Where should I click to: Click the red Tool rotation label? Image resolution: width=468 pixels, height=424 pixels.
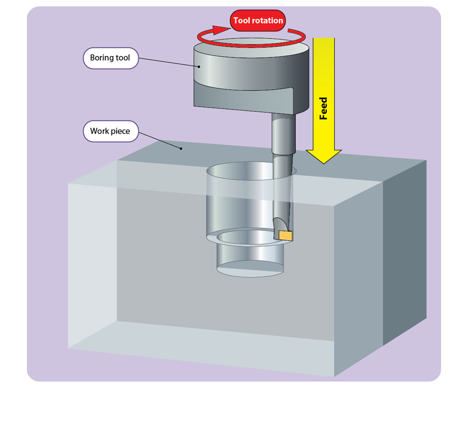pyautogui.click(x=258, y=21)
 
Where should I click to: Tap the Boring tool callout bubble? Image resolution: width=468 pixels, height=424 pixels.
pyautogui.click(x=111, y=58)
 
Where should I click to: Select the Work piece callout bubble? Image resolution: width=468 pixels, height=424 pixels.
pyautogui.click(x=111, y=131)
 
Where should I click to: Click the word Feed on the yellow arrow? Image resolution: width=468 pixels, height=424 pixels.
pyautogui.click(x=323, y=109)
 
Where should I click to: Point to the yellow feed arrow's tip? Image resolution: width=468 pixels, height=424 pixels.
pyautogui.click(x=324, y=164)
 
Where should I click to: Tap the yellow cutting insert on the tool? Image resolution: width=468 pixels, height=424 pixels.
pyautogui.click(x=286, y=236)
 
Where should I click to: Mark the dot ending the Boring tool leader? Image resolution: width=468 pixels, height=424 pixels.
pyautogui.click(x=199, y=67)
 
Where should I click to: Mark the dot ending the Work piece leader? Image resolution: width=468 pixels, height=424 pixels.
pyautogui.click(x=181, y=148)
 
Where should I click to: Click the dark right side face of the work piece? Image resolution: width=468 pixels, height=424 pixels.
pyautogui.click(x=405, y=252)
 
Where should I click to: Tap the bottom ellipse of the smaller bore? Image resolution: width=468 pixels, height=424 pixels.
pyautogui.click(x=250, y=269)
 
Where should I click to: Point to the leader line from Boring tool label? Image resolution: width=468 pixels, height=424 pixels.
pyautogui.click(x=169, y=62)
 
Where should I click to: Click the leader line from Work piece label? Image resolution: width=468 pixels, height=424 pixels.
pyautogui.click(x=160, y=140)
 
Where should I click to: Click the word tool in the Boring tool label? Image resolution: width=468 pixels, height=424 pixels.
pyautogui.click(x=123, y=57)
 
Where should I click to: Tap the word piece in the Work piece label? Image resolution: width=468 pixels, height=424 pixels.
pyautogui.click(x=120, y=132)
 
